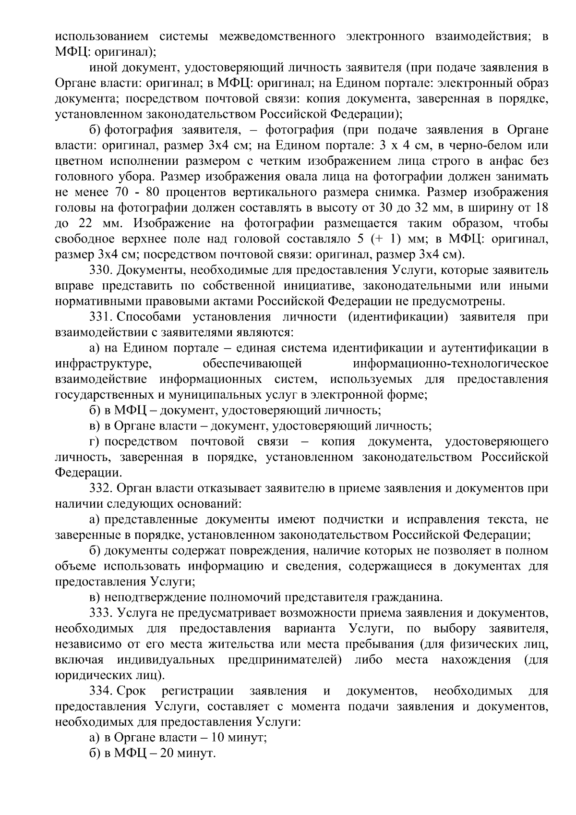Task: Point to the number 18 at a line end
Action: (541, 208)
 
